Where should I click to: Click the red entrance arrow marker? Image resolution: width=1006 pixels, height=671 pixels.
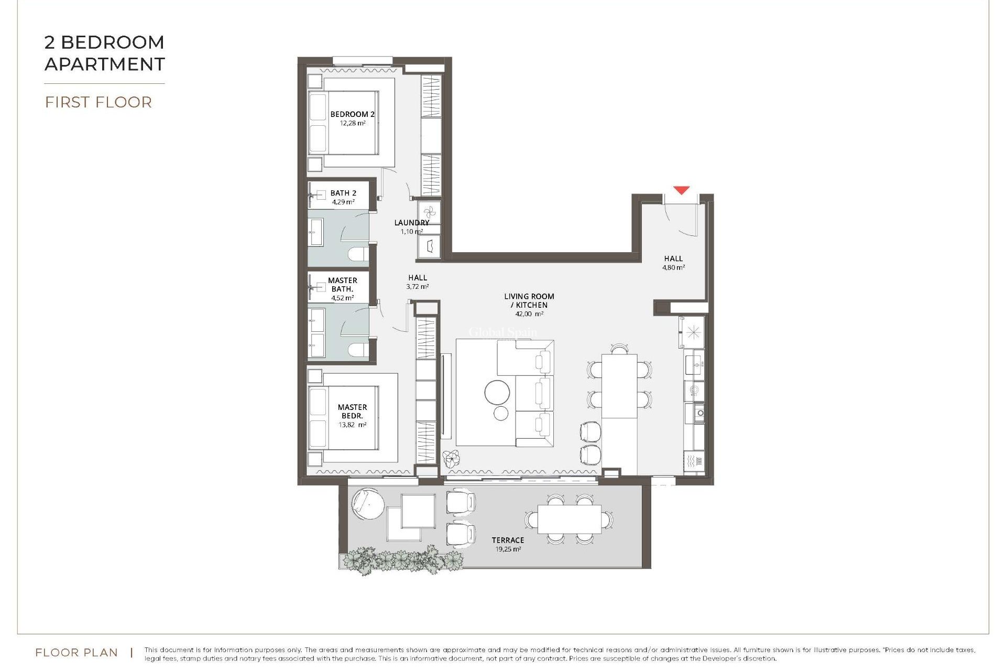681,190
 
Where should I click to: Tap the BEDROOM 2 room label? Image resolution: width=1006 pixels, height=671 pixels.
352,114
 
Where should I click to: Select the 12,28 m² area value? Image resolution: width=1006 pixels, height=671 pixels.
352,123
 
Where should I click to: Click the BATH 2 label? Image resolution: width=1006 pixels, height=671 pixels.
343,193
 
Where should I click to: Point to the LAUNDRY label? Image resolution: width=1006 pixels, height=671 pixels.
411,223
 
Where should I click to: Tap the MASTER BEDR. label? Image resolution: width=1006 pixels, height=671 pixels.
352,411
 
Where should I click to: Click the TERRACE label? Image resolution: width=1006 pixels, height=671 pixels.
507,540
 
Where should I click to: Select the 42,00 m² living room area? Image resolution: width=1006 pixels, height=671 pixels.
529,314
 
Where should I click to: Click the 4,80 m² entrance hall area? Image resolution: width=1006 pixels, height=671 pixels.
673,267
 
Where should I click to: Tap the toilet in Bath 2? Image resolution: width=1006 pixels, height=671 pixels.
358,255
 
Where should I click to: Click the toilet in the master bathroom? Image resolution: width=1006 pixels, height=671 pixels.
358,350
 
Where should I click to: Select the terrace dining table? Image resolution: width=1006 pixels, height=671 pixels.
570,518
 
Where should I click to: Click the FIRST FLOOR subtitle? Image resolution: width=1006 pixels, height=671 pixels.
99,102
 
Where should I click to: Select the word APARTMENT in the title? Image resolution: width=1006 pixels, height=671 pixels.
105,64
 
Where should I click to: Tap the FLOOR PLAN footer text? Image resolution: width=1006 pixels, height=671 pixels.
76,653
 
